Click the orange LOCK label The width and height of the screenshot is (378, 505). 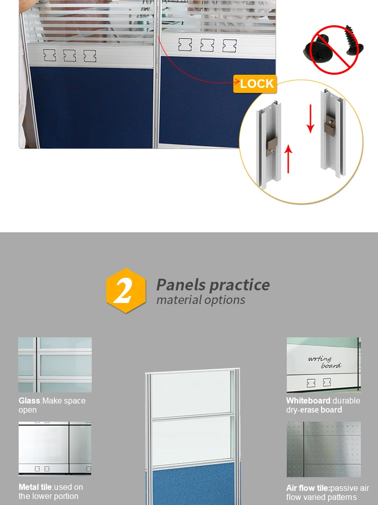pos(256,84)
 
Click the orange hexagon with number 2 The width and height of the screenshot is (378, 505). pos(125,291)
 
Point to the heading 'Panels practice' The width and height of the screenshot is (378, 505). pos(213,284)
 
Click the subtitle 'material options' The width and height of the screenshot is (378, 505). pos(201,300)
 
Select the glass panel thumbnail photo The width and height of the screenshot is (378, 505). pos(55,365)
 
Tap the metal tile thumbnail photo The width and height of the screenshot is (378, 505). pos(55,448)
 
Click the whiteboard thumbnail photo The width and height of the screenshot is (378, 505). pos(324,365)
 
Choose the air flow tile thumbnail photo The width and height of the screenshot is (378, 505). pos(324,449)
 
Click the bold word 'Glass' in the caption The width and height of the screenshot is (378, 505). pos(29,401)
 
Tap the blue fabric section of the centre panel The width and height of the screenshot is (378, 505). pos(193,486)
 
